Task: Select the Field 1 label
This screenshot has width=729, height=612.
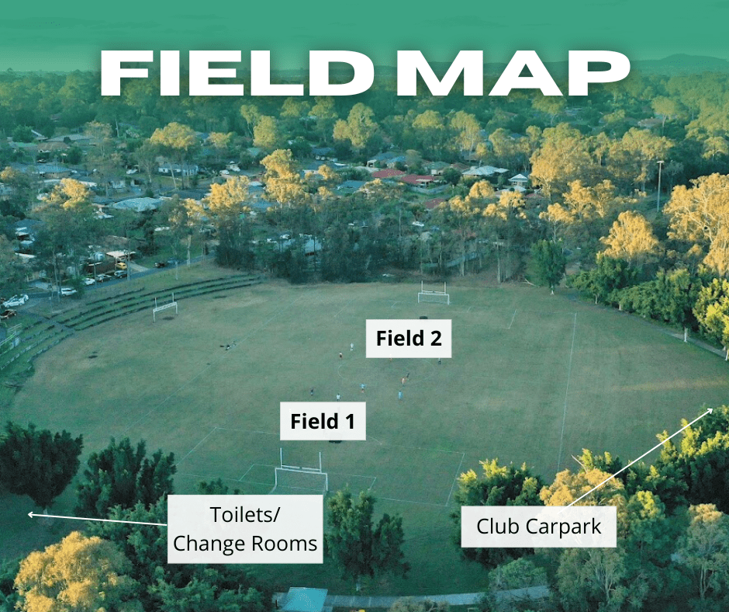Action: (323, 422)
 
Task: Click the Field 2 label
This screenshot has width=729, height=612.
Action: (409, 338)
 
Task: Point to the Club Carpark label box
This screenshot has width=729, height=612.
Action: (538, 527)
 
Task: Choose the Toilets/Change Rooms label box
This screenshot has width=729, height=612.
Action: (245, 529)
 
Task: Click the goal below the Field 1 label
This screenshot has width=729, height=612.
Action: (300, 475)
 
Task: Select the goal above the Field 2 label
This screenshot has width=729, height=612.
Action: (434, 294)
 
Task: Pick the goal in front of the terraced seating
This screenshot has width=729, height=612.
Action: (165, 308)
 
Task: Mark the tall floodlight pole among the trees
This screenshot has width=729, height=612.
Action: (660, 186)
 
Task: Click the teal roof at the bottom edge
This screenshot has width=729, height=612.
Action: (303, 600)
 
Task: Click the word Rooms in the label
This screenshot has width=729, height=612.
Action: (284, 544)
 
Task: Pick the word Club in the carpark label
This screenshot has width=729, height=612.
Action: (498, 527)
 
